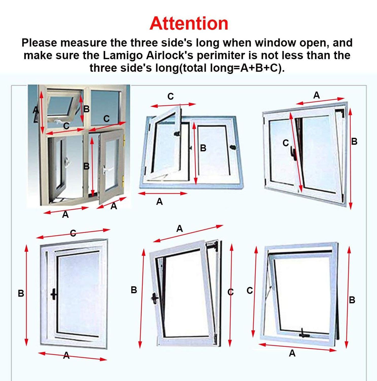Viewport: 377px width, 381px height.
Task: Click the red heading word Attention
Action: point(189,23)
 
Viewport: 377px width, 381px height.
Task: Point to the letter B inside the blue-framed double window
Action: point(203,148)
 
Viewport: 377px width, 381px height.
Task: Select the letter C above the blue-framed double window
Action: point(170,97)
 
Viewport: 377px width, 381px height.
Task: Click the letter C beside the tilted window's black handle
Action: point(286,143)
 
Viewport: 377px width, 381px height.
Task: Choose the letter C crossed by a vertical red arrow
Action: point(230,292)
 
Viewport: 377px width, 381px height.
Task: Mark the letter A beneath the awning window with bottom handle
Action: point(292,353)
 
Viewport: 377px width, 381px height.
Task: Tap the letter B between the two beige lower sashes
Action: point(86,166)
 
